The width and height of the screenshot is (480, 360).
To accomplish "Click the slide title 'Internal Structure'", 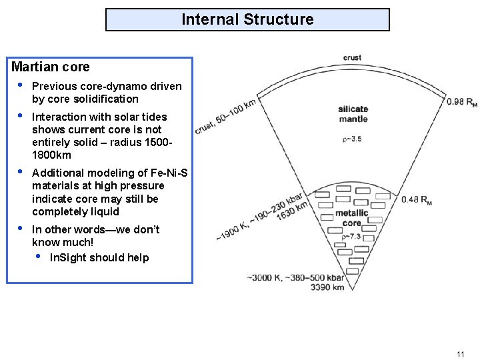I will point(247,19).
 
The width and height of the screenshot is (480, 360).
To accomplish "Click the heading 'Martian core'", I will point(51,67).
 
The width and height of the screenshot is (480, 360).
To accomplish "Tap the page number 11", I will point(460,353).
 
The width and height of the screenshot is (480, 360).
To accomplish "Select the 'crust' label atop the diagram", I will point(352,58).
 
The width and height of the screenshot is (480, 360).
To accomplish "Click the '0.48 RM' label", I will point(417,199).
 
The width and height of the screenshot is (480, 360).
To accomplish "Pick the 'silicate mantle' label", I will point(353,114).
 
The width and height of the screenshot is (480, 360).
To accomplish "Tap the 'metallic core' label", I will point(351,218).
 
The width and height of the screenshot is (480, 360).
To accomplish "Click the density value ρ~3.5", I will point(351,139).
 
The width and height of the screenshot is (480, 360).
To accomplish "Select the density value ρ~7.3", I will point(351,236).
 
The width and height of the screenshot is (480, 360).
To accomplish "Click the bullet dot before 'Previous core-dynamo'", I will point(21,85).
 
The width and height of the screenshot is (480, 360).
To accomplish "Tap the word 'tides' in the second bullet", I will point(154,117).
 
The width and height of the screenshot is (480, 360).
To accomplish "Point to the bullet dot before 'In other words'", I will point(21,229).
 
